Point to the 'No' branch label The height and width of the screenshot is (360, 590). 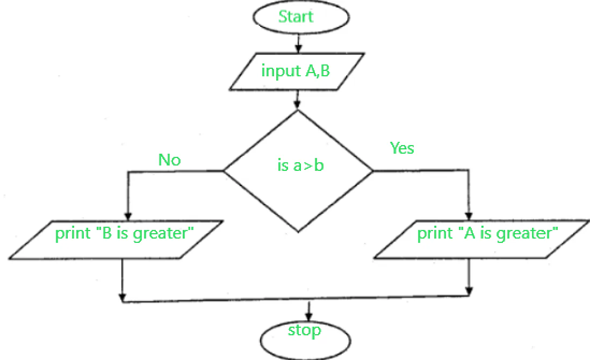[169, 160]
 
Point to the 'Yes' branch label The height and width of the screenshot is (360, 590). [402, 148]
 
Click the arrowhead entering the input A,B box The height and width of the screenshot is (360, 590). [298, 49]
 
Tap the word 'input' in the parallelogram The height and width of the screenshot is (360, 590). [277, 71]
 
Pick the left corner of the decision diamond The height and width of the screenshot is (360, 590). [224, 171]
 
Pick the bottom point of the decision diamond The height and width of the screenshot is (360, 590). [298, 232]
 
